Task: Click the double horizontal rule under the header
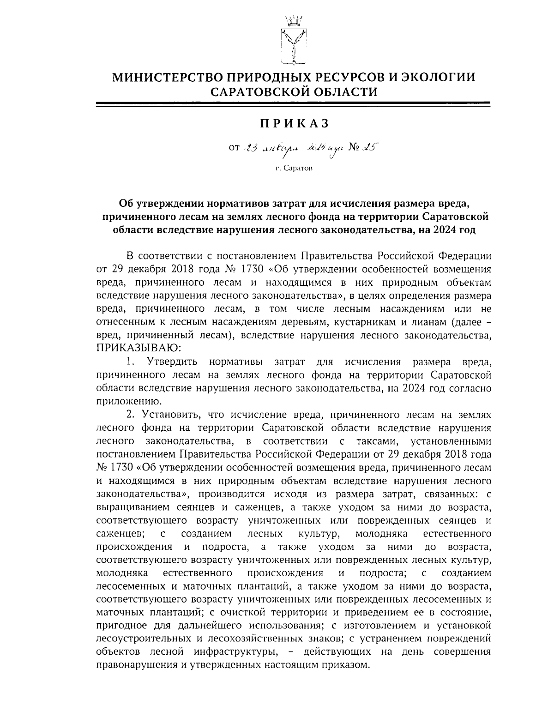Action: [294, 104]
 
